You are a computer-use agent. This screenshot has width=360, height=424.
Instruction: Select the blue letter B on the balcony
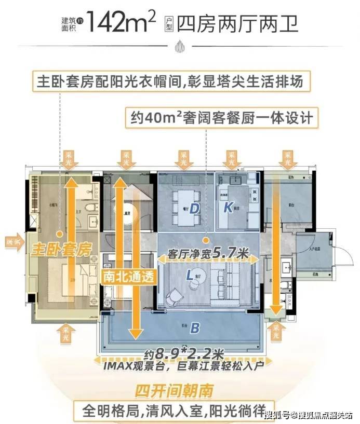click(x=195, y=328)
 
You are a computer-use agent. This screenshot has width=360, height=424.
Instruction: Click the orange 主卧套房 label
click(x=61, y=249)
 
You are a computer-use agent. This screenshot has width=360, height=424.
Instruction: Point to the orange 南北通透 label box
click(x=128, y=277)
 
